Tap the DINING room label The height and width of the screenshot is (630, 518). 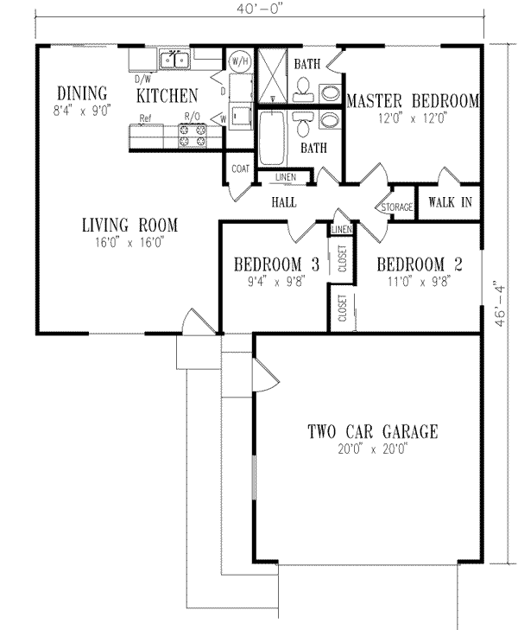(82, 93)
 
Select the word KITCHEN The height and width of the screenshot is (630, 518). (167, 95)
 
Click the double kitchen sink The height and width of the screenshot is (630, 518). (175, 60)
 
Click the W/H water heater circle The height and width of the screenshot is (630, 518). (239, 61)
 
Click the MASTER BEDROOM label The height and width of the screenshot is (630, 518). (412, 101)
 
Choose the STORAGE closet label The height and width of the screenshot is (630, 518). (398, 207)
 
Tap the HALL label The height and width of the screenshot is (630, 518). (284, 202)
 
